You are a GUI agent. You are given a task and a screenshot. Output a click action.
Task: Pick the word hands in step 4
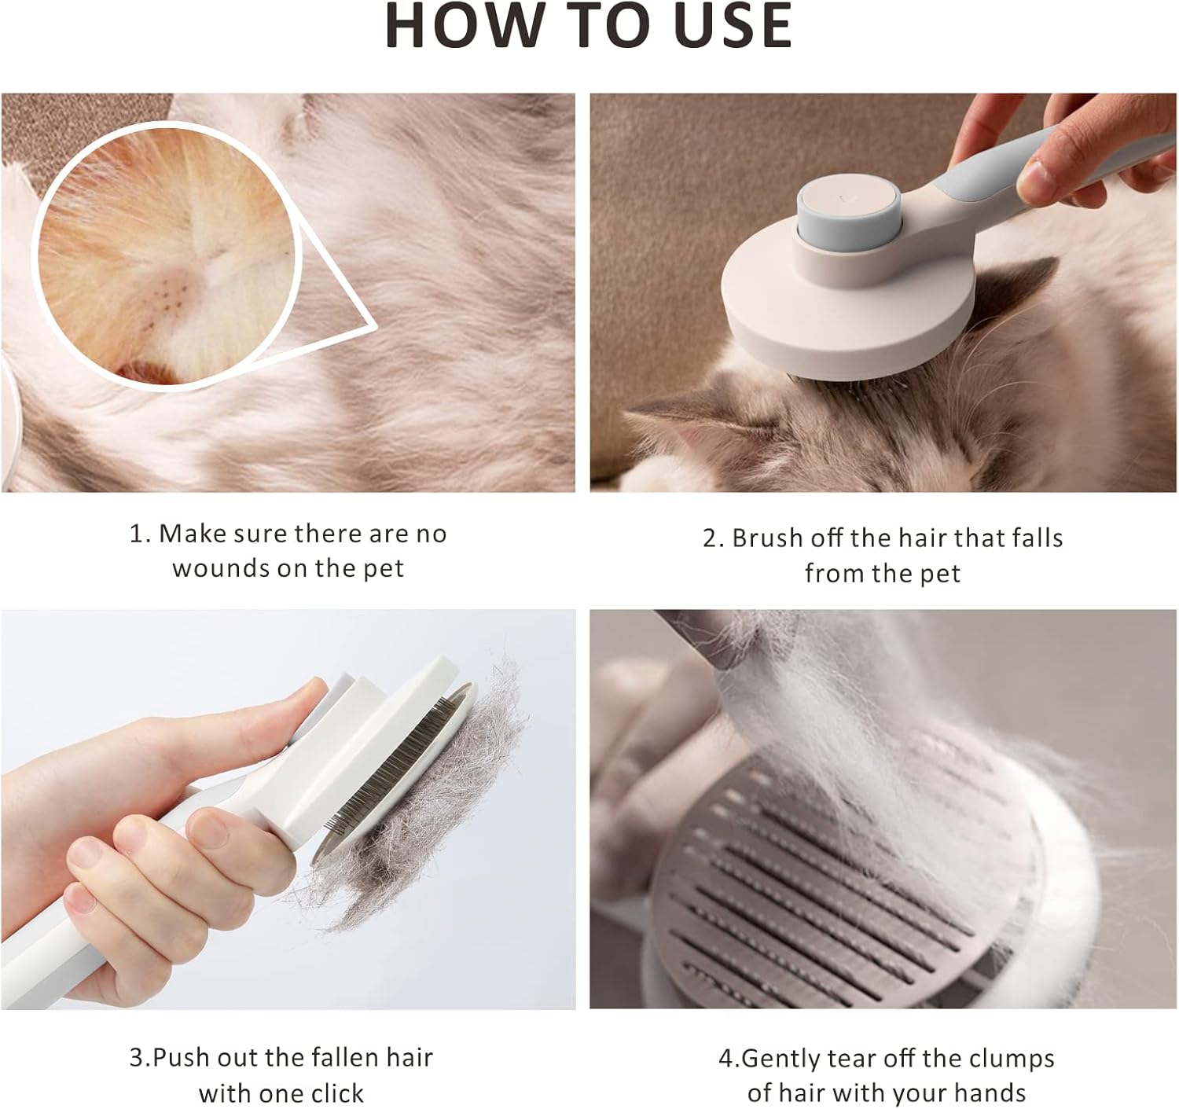point(990,1076)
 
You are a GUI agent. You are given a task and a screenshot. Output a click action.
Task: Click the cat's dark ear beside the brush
point(1016,285)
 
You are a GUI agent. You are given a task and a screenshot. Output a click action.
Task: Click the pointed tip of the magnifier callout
point(376,326)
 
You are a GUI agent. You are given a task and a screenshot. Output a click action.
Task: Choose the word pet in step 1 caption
point(384,569)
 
